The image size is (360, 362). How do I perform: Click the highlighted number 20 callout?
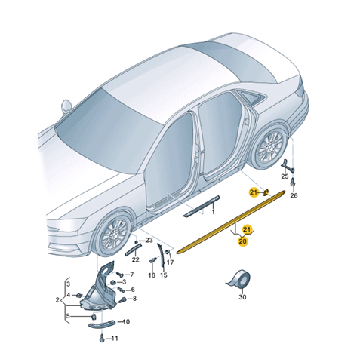243,241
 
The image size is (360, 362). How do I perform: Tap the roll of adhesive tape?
238,280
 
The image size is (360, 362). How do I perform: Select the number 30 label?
242,297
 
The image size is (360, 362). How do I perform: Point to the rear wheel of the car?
271,146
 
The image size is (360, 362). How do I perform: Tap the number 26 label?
294,195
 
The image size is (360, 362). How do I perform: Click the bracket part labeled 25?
287,166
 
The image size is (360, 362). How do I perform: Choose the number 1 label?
213,213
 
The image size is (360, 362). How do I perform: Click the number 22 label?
136,259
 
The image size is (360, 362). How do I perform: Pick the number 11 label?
115,339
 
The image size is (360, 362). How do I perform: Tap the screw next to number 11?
102,338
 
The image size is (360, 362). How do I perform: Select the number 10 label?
126,321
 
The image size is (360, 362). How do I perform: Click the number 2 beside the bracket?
57,300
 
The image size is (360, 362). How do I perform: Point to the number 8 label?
134,299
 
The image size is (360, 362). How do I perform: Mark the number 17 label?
171,262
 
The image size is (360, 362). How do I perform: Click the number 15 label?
164,275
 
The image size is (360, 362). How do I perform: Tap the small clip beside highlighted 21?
266,192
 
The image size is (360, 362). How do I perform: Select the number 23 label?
149,241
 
